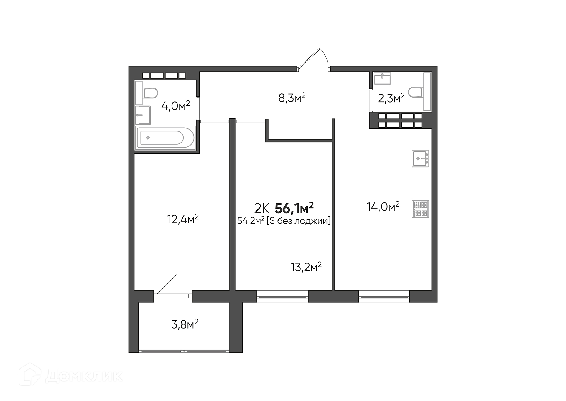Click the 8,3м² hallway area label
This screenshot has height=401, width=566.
(x=292, y=98)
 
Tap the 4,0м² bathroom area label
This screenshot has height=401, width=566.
(x=175, y=105)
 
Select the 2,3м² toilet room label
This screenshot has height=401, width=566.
(x=391, y=98)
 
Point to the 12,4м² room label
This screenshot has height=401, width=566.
(x=183, y=219)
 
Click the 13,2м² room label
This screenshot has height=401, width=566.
(x=306, y=267)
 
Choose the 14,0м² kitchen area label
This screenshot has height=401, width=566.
(x=383, y=207)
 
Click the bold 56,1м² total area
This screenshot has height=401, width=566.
(x=294, y=208)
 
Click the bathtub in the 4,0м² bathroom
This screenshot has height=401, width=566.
(x=165, y=138)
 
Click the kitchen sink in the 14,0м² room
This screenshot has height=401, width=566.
(x=420, y=159)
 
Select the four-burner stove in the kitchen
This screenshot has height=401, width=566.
(x=420, y=209)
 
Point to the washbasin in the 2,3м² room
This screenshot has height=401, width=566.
(x=382, y=79)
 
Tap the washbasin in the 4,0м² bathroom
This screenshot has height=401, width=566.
(x=143, y=115)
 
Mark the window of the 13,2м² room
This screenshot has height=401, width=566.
(x=282, y=296)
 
